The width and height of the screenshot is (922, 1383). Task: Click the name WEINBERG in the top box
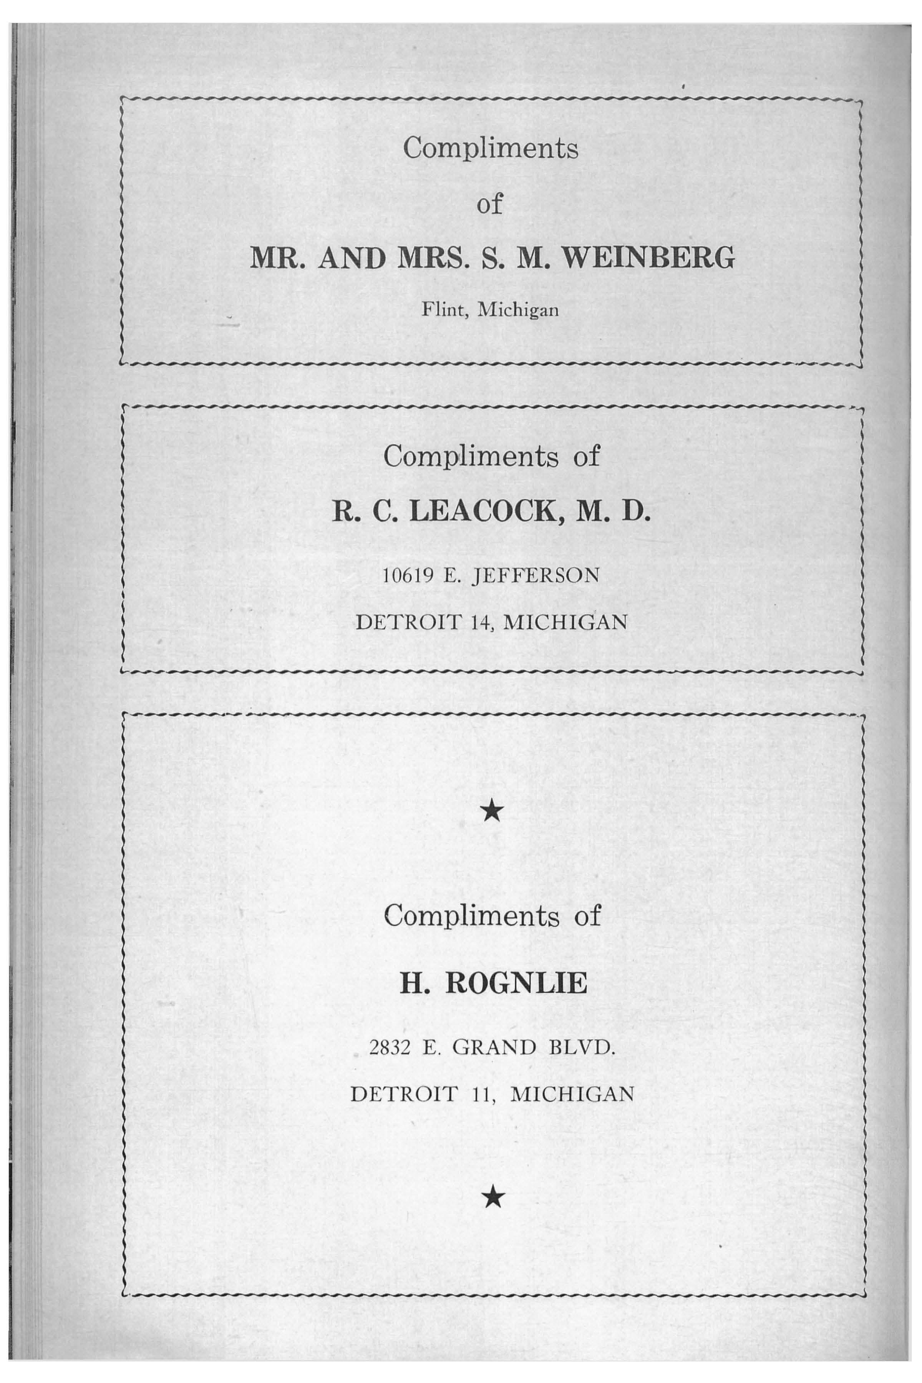[648, 259]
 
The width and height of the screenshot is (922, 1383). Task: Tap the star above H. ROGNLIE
[492, 813]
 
